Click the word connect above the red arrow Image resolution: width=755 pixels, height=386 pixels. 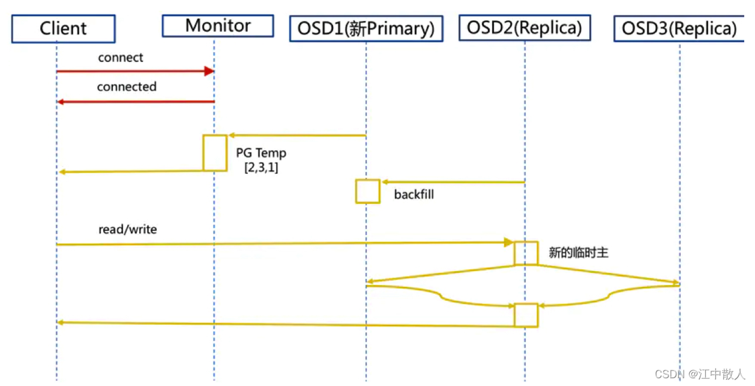[x=120, y=57]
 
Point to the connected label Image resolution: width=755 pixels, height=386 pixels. [x=126, y=87]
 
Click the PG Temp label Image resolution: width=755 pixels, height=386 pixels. [x=261, y=153]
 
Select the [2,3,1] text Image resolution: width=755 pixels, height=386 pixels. [x=261, y=167]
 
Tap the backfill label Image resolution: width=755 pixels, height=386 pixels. [x=414, y=194]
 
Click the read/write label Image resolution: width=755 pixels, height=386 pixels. [x=128, y=229]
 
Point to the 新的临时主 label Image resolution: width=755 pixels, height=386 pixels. [x=578, y=253]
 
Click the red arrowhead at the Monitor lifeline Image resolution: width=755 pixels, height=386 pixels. [x=209, y=71]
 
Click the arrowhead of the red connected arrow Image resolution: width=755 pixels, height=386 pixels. [x=60, y=102]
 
